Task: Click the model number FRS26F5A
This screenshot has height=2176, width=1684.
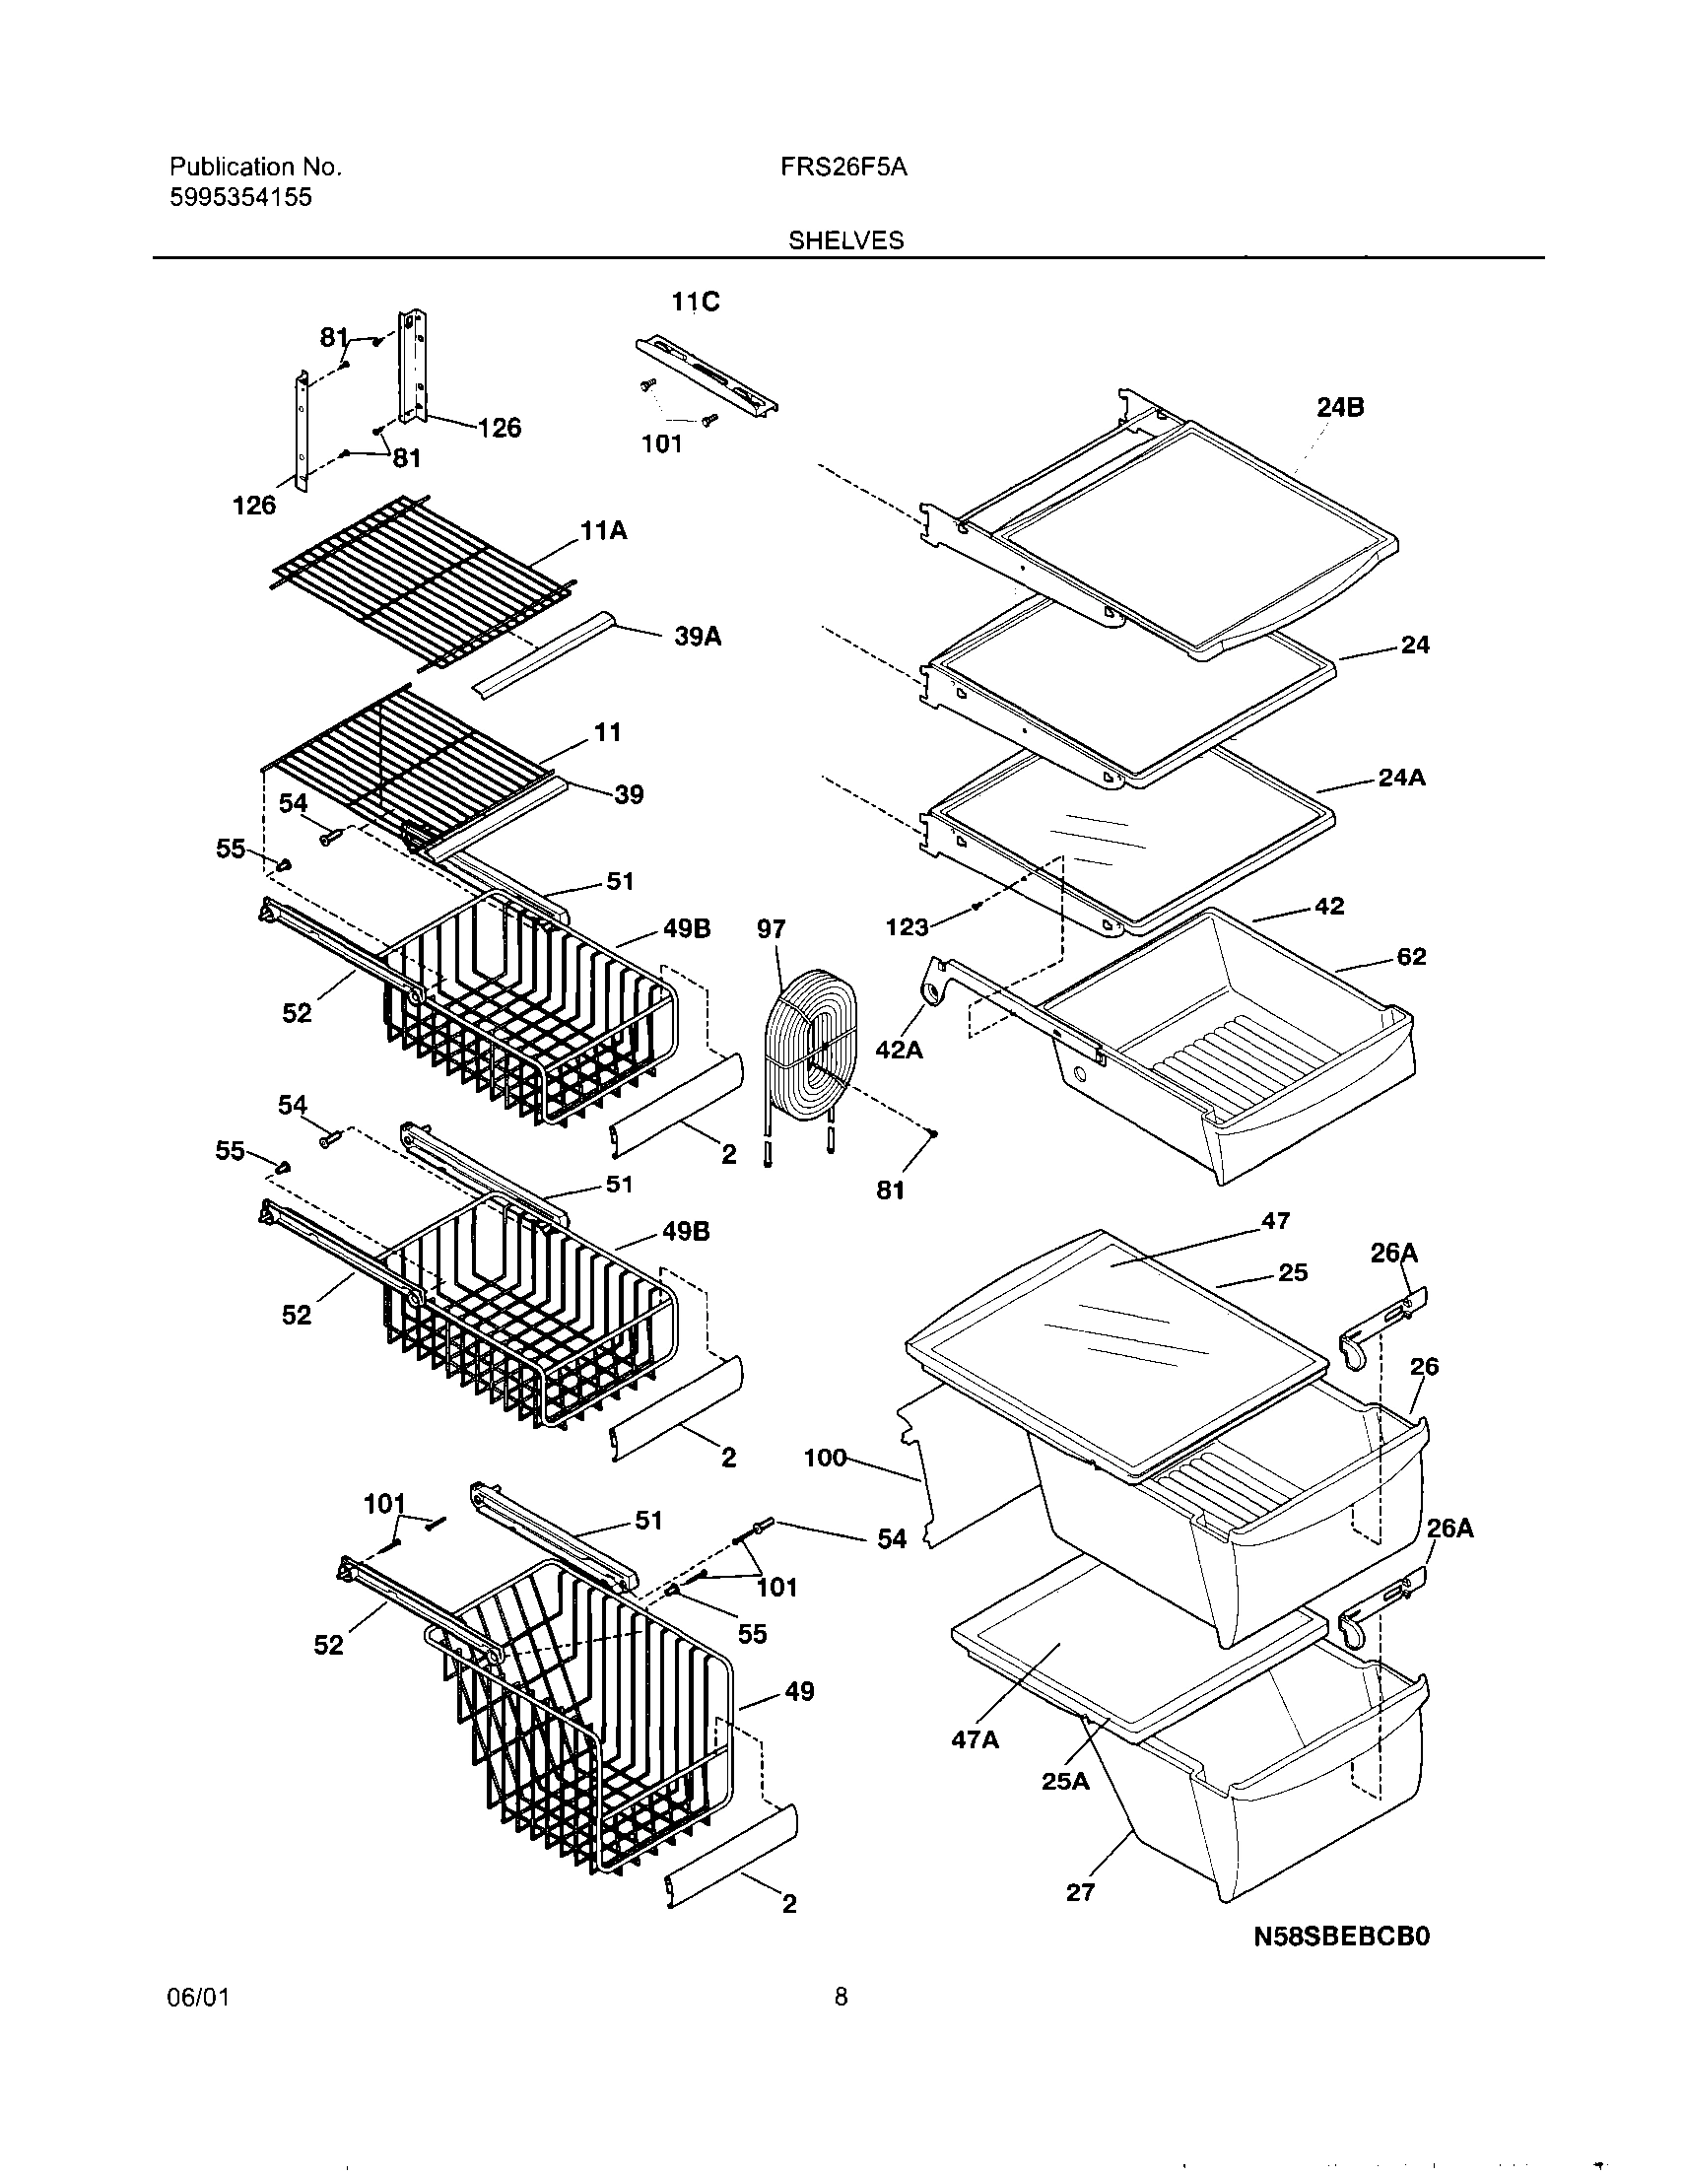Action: tap(843, 168)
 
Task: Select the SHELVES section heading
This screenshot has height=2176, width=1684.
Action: tap(846, 240)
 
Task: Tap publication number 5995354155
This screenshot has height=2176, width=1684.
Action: tap(240, 197)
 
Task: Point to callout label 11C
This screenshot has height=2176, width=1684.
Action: tap(695, 302)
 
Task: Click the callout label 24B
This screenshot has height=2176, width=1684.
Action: tap(1340, 406)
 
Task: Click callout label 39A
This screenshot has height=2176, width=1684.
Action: tap(698, 636)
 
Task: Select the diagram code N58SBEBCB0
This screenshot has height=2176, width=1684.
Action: tap(1341, 1935)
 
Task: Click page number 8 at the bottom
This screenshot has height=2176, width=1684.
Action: tap(841, 2024)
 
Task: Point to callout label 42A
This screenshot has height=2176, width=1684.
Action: tap(899, 1049)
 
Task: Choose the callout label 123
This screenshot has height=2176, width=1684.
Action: tap(907, 927)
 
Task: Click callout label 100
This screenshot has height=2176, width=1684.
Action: tap(825, 1459)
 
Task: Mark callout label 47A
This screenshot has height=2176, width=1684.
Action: tap(976, 1739)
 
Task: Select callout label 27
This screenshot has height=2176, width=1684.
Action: tap(1080, 1892)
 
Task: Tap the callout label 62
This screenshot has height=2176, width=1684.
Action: tap(1411, 957)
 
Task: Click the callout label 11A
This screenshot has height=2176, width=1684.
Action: tap(604, 531)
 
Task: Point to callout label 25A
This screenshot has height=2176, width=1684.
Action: tap(1065, 1781)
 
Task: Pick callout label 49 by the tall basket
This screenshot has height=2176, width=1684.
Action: tap(799, 1691)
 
